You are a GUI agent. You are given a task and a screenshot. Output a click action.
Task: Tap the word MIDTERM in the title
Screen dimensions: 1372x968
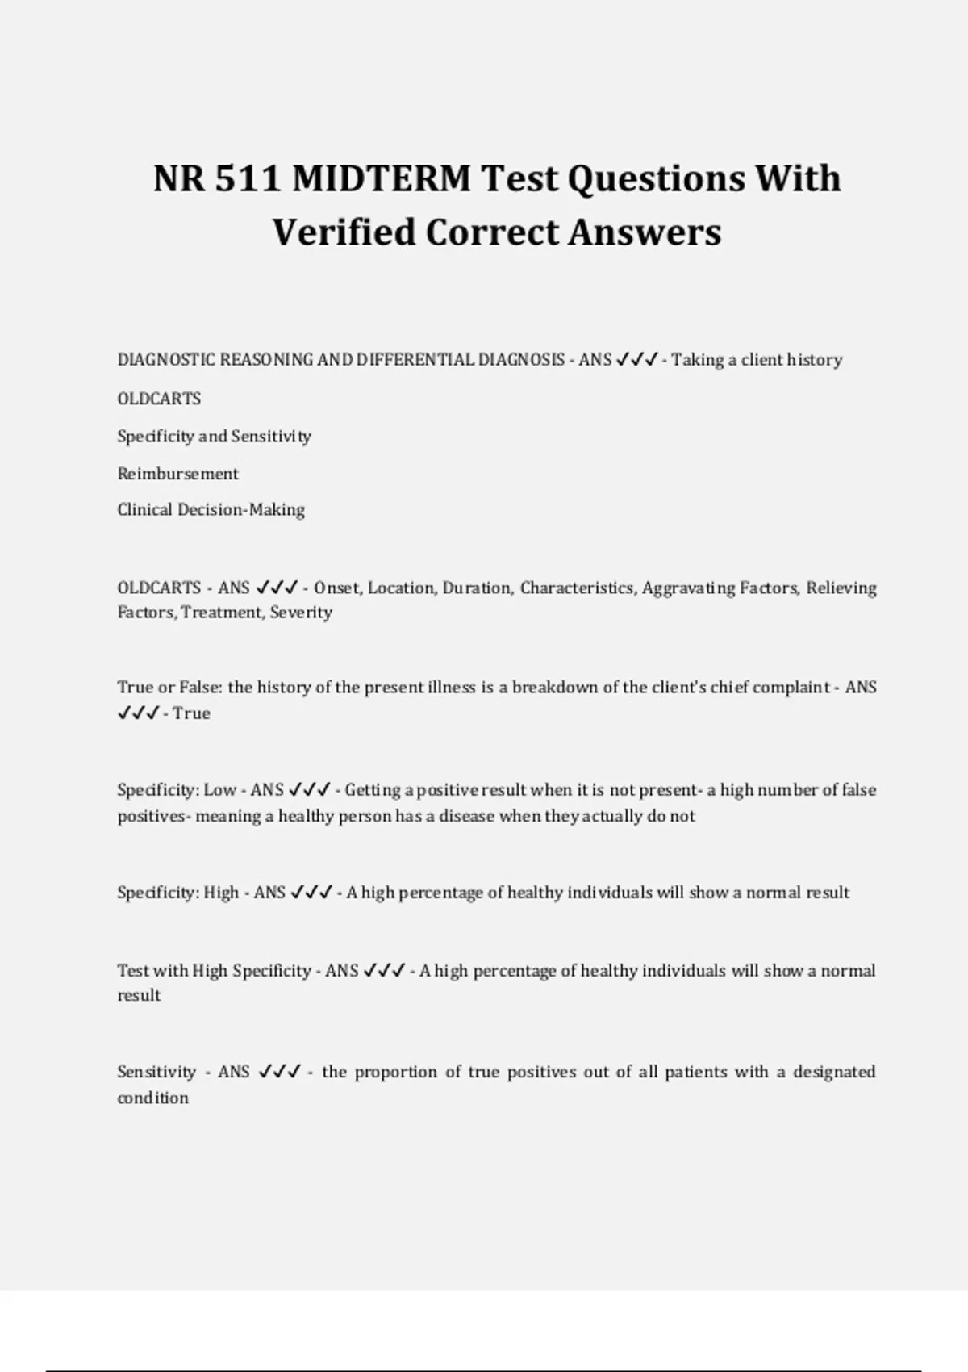pos(382,178)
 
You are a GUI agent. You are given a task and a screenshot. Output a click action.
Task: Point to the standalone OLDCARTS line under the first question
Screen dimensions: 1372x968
pos(159,399)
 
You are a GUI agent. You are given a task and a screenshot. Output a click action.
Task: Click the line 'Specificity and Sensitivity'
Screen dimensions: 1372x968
pos(214,437)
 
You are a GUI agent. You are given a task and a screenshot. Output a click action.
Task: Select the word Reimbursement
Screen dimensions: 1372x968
pos(177,474)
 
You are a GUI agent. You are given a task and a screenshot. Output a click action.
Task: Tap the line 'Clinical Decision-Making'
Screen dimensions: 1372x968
pos(211,510)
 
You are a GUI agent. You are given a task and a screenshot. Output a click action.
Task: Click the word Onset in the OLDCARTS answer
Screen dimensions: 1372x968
pos(338,588)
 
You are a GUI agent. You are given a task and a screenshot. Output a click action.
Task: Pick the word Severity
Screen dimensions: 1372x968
pos(301,613)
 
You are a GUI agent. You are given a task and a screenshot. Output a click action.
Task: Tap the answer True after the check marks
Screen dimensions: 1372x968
pos(191,713)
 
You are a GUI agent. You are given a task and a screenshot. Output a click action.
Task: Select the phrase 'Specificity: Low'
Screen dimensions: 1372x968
pos(177,790)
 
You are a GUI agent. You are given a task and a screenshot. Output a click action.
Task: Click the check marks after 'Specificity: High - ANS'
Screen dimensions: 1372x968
pos(311,893)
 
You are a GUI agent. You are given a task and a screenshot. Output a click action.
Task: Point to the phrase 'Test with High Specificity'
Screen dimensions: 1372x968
pos(214,971)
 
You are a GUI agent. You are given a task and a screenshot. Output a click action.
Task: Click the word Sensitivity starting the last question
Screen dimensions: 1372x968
pos(156,1073)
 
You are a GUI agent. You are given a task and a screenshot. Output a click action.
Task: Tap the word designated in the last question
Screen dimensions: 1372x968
pos(834,1073)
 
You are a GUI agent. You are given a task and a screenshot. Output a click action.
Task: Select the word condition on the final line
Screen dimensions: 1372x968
pos(152,1098)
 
